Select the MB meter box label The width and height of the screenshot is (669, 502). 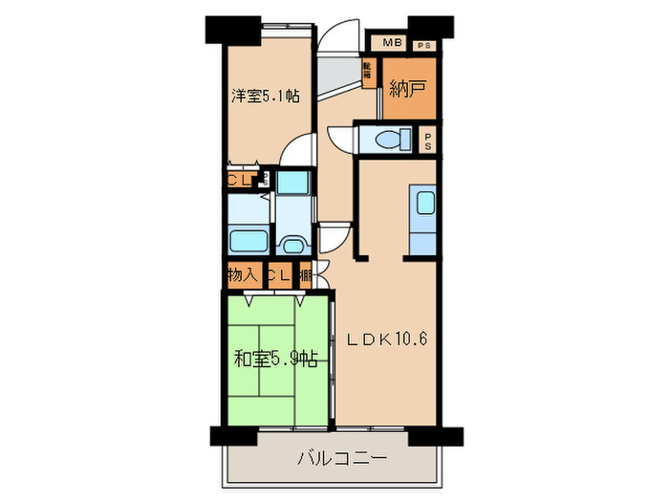391,43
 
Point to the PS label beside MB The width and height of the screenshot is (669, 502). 421,44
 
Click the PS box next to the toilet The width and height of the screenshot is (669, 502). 427,142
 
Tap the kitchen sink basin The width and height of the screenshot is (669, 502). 423,203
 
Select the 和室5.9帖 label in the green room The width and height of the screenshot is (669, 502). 276,360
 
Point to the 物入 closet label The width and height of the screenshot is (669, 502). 242,274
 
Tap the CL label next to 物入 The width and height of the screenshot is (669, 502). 278,275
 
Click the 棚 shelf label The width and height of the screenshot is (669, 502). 305,275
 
